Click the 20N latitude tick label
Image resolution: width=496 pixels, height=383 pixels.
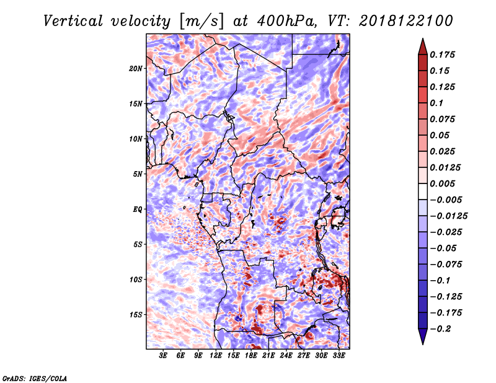[136, 69]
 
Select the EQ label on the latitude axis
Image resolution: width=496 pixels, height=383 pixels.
[137, 209]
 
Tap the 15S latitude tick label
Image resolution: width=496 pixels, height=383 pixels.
[136, 315]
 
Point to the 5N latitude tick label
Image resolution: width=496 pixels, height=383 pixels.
[138, 174]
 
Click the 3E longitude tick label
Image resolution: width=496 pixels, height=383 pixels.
[163, 356]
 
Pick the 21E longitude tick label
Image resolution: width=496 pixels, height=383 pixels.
[268, 356]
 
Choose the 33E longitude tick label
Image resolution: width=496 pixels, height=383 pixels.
[339, 356]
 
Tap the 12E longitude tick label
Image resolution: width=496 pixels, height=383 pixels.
[216, 356]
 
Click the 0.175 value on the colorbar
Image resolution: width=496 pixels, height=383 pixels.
[442, 55]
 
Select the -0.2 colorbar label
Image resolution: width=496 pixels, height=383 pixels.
[440, 329]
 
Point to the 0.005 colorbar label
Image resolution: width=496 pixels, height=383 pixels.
[442, 183]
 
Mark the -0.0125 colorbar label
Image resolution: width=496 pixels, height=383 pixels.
[448, 216]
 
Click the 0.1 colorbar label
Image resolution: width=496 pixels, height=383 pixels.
[436, 103]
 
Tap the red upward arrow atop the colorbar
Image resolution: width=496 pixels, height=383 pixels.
[423, 46]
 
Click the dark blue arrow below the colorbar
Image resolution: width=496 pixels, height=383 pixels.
[423, 337]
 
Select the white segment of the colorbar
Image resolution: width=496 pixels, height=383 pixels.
[423, 191]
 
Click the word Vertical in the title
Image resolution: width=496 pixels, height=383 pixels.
[73, 21]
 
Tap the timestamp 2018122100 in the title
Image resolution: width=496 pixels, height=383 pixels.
[405, 21]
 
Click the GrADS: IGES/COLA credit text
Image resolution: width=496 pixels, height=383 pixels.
[35, 379]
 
